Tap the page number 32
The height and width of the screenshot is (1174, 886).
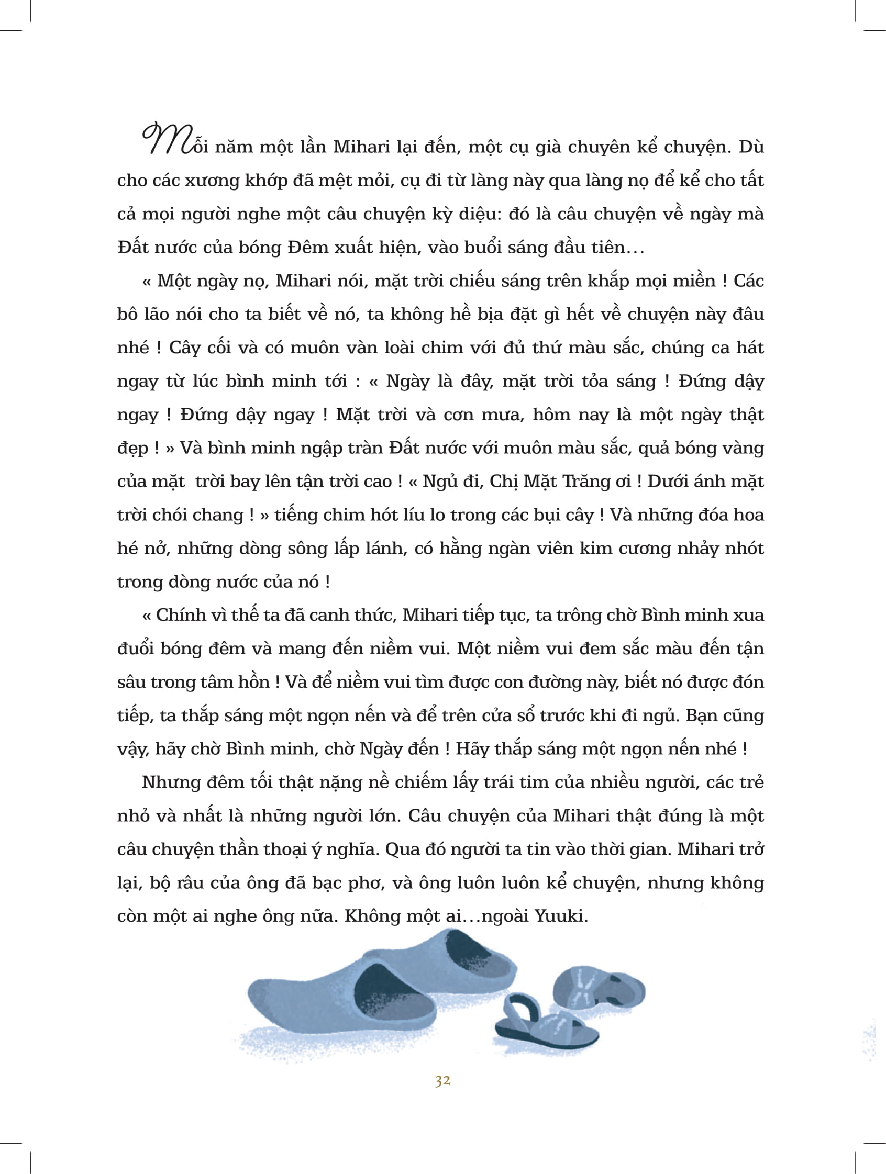click(x=442, y=1081)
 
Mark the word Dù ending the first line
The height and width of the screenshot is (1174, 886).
click(x=750, y=147)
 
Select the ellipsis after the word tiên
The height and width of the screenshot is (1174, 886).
click(x=635, y=249)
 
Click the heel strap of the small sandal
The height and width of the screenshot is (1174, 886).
click(x=517, y=1014)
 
